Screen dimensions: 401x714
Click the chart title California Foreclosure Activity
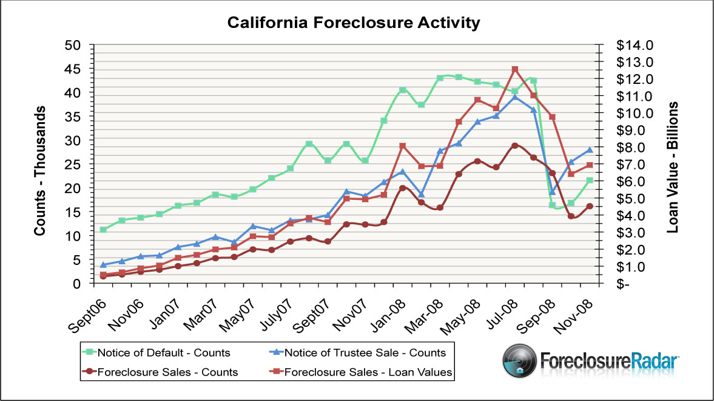pyautogui.click(x=354, y=23)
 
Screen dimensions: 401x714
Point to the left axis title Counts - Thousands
pyautogui.click(x=40, y=171)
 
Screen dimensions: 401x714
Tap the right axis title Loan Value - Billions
pyautogui.click(x=672, y=168)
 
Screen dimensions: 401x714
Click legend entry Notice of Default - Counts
pyautogui.click(x=164, y=352)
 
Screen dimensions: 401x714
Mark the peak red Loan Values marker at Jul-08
pyautogui.click(x=514, y=69)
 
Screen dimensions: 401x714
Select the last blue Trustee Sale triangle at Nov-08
pyautogui.click(x=589, y=149)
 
